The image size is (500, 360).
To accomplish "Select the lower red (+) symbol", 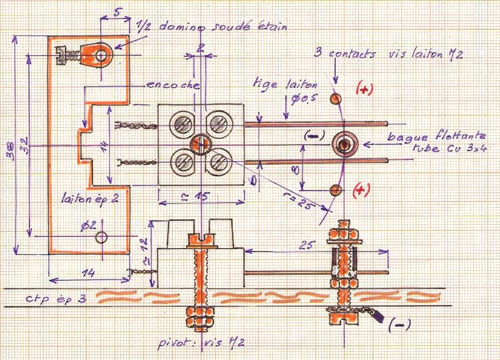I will click(x=362, y=191).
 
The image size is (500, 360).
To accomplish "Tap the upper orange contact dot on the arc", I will click(x=335, y=98).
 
